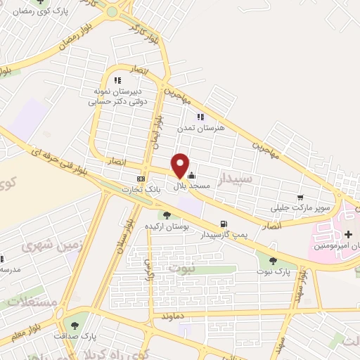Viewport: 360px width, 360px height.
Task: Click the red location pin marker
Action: [x=181, y=165]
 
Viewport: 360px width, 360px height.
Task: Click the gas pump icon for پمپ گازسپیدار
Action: [x=224, y=224]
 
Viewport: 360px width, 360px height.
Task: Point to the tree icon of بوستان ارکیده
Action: [x=166, y=215]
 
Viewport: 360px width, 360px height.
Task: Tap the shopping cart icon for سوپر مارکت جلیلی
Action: [x=300, y=198]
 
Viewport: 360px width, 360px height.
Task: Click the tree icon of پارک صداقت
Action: [x=74, y=325]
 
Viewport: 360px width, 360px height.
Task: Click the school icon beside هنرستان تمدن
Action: [x=200, y=117]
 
